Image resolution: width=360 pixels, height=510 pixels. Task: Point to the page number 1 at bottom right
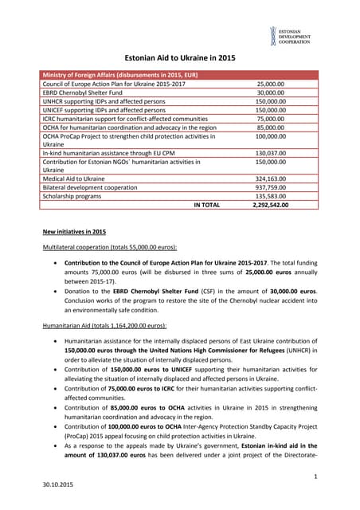[315, 476]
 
